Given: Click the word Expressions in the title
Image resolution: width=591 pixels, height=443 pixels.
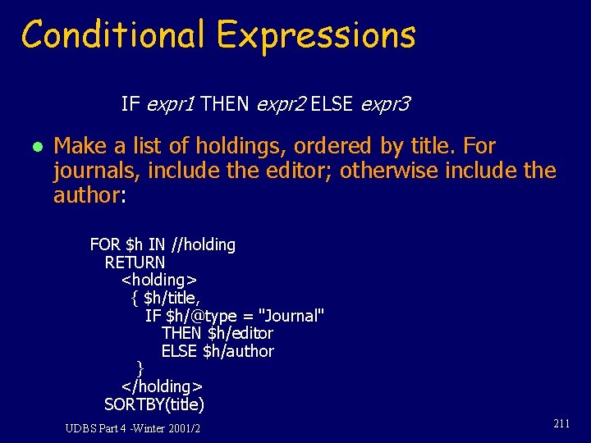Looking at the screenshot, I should pos(316,36).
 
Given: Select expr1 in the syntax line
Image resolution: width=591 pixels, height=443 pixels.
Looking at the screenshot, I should pos(170,104).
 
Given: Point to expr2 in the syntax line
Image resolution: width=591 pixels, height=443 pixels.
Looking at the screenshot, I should pos(282,104).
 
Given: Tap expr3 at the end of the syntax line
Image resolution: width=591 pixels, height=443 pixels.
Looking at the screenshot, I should pos(384,104).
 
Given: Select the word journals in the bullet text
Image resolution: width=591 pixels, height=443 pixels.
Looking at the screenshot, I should pos(89,171).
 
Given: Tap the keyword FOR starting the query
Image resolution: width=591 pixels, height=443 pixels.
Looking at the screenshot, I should pos(104,244).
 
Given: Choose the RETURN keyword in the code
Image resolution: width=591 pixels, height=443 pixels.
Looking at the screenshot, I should pos(135,263).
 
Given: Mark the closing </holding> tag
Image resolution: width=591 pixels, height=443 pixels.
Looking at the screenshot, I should pos(162,386).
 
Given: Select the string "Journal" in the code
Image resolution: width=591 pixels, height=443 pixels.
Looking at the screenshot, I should pos(291,315).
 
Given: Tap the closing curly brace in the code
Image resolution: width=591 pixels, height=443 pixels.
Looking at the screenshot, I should pos(140,367).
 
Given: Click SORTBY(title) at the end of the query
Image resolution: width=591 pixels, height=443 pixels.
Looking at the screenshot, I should pos(154,404).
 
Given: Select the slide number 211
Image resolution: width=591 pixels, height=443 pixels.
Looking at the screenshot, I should pos(561,424).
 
